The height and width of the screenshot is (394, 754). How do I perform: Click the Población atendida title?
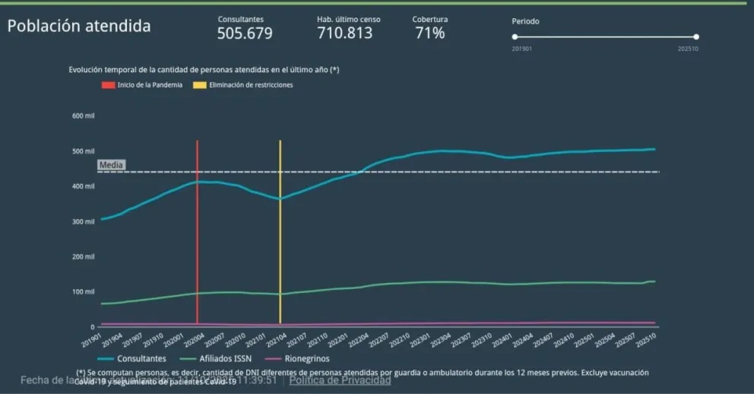point(79,26)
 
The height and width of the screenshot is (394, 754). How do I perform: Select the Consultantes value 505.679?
point(244,33)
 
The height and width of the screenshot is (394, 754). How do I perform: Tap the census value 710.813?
point(344,33)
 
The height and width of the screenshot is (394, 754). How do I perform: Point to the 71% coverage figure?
point(430,33)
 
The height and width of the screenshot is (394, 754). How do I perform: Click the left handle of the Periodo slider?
point(515,37)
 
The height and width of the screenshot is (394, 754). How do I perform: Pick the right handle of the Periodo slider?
point(696,37)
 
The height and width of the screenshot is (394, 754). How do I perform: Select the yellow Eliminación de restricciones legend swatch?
point(199,85)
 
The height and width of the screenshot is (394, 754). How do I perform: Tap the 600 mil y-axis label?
point(84,116)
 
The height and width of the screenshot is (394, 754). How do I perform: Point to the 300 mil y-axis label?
point(84,221)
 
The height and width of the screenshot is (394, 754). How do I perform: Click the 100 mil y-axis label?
point(84,292)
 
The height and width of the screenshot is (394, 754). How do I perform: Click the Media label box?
point(111,165)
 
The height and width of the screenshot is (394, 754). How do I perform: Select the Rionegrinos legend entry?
point(291,358)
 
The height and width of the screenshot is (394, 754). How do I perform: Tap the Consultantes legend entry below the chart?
point(132,358)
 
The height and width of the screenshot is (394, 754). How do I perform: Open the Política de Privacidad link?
point(340,380)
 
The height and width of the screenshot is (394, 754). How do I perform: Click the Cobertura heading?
point(430,19)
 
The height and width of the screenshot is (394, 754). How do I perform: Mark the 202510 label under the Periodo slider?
point(688,49)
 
